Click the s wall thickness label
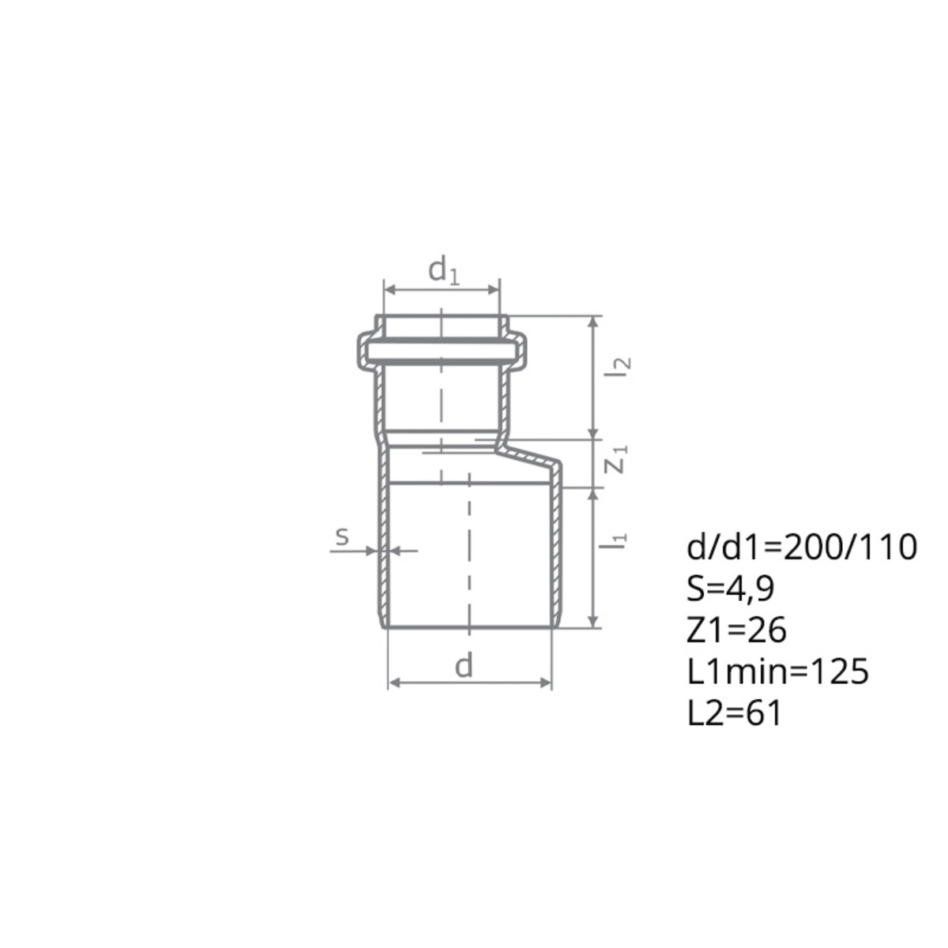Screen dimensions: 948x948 [x=342, y=536]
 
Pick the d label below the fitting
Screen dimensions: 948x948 [x=464, y=666]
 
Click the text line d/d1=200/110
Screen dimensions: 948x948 [x=801, y=548]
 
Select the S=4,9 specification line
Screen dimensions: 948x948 [x=731, y=590]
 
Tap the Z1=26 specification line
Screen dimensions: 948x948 [x=736, y=631]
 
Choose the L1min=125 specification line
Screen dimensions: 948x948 [x=778, y=672]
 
